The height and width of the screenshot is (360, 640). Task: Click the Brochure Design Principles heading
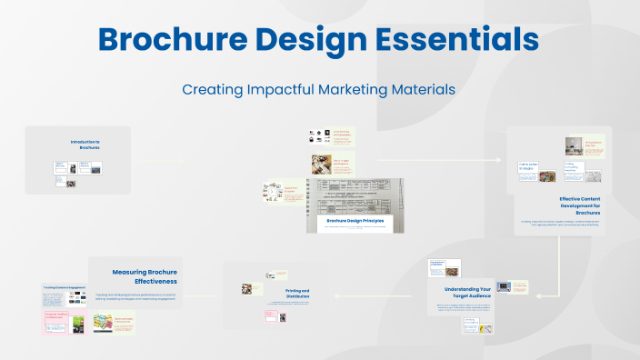[x=355, y=221]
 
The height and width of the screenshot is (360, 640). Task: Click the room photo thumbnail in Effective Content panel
[x=573, y=145]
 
